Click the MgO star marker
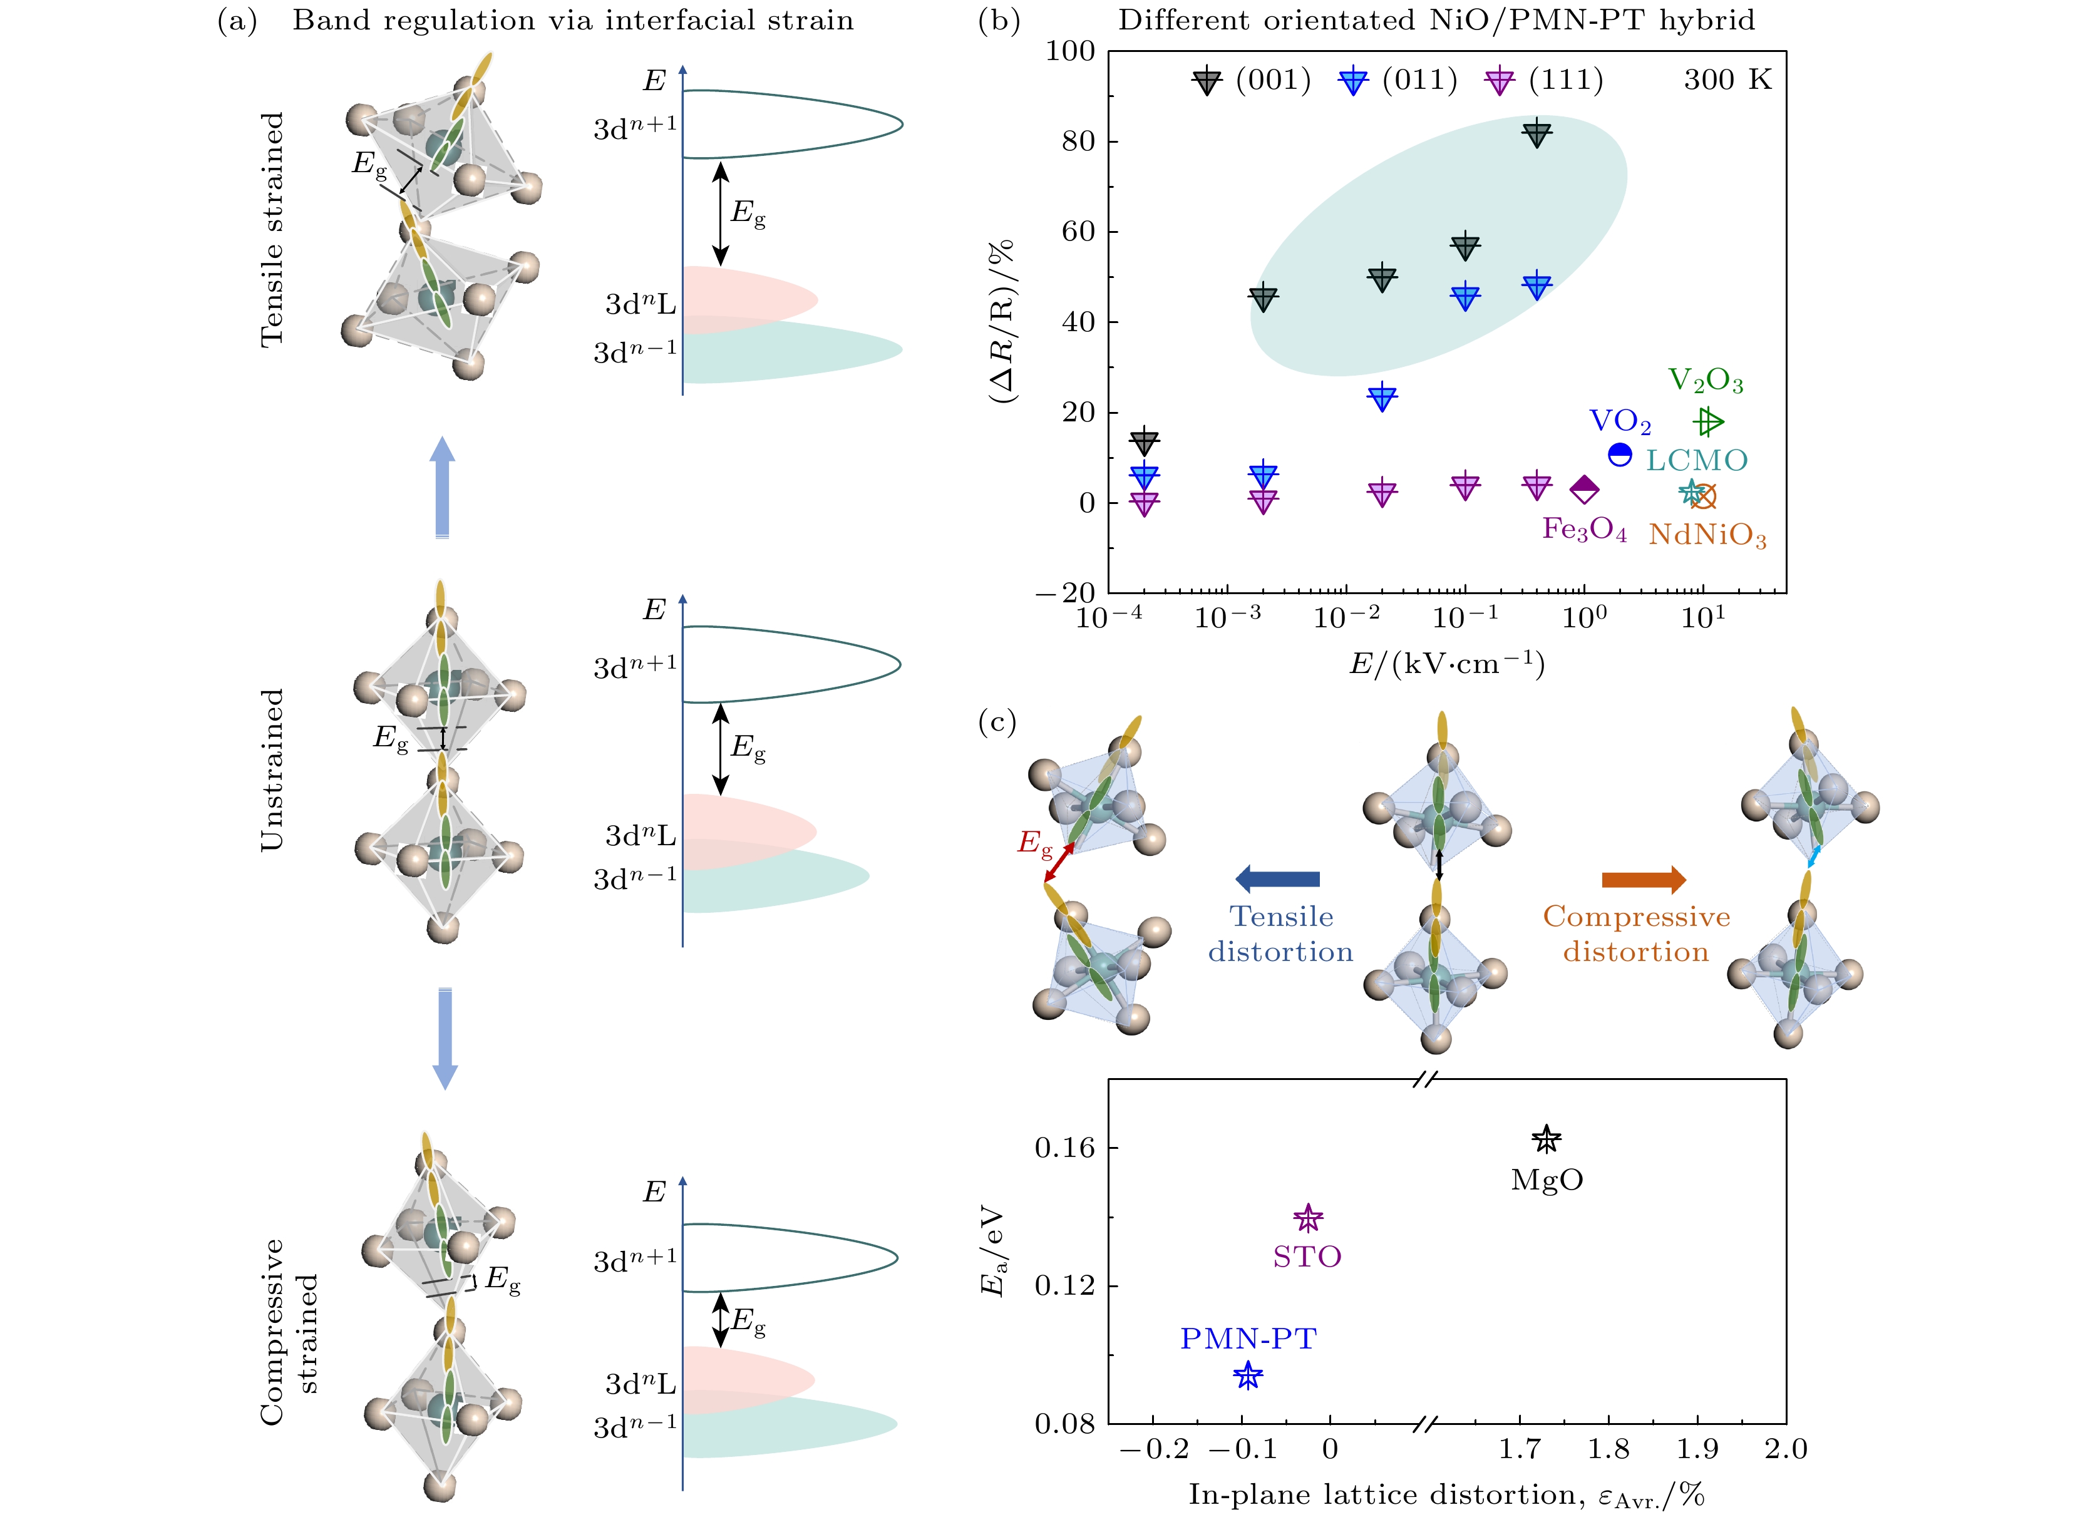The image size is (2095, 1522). tap(1547, 1139)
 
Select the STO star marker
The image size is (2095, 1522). tap(1308, 1218)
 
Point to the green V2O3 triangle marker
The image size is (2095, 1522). tap(1709, 422)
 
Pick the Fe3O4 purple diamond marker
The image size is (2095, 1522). tap(1584, 490)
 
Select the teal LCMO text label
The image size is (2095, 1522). tap(1697, 460)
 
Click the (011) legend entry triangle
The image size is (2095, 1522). tap(1353, 81)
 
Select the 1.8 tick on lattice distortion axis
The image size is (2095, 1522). tap(1609, 1449)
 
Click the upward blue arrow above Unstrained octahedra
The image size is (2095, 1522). tap(443, 486)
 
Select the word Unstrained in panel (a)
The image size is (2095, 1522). tap(272, 769)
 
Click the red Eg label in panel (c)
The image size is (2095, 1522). tap(1034, 843)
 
